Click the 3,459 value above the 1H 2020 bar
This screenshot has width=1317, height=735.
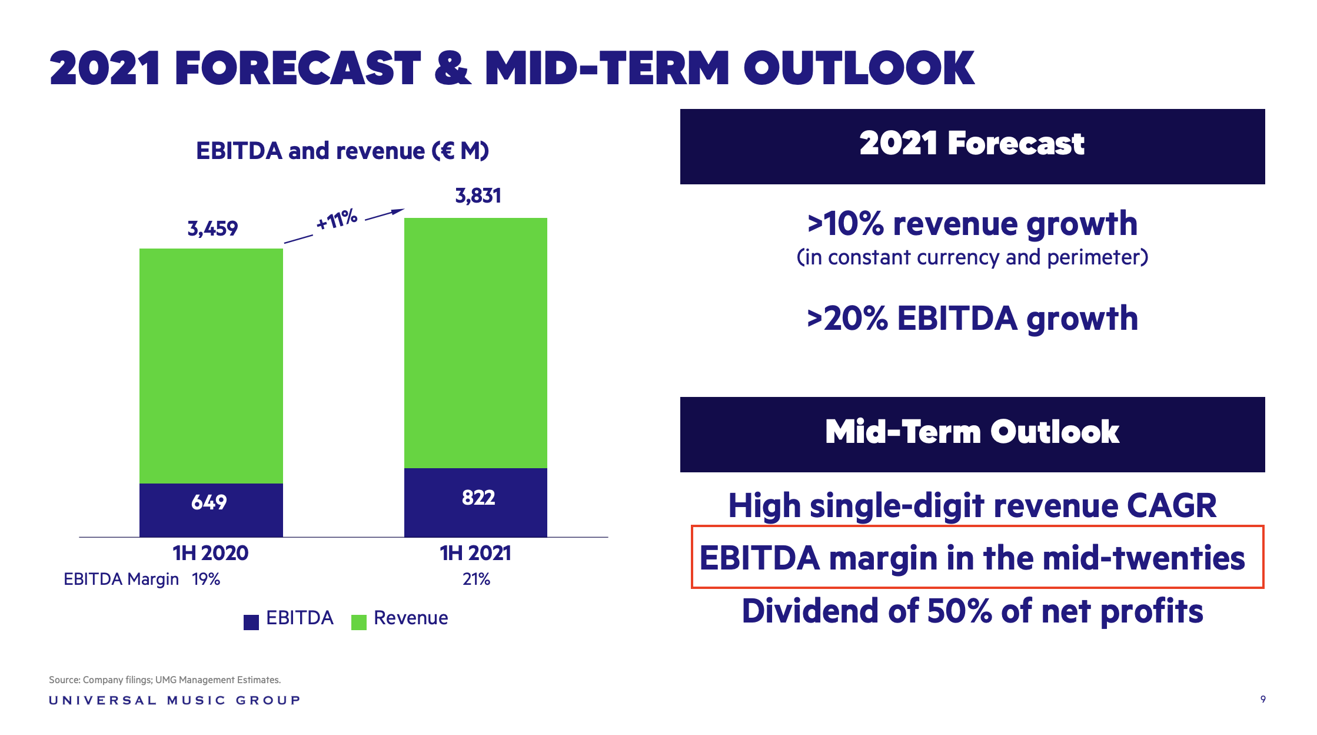(x=212, y=229)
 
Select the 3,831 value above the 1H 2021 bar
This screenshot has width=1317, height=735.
(x=478, y=196)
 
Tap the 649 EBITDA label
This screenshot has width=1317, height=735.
(x=209, y=502)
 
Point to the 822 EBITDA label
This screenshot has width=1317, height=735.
(x=478, y=498)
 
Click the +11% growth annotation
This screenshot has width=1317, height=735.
(x=337, y=220)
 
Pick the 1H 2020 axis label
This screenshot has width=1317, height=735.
(x=210, y=553)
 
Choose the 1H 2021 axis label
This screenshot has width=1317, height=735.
(x=475, y=553)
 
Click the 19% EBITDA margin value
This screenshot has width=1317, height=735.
(x=206, y=580)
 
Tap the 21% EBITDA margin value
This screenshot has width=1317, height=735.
(x=476, y=580)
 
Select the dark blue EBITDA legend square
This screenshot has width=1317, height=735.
(x=251, y=622)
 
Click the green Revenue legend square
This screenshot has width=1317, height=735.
(x=359, y=622)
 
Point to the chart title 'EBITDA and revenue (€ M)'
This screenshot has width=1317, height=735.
(x=342, y=151)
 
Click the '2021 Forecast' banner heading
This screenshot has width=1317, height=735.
(x=972, y=144)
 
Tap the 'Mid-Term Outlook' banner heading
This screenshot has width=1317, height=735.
(x=972, y=432)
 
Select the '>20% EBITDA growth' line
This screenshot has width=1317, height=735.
(x=972, y=319)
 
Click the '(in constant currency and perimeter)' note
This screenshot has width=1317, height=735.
(x=972, y=257)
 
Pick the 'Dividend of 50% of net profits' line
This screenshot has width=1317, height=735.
(x=972, y=611)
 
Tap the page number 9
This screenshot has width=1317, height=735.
(x=1263, y=699)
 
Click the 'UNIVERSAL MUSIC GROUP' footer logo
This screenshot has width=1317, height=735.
(x=175, y=700)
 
